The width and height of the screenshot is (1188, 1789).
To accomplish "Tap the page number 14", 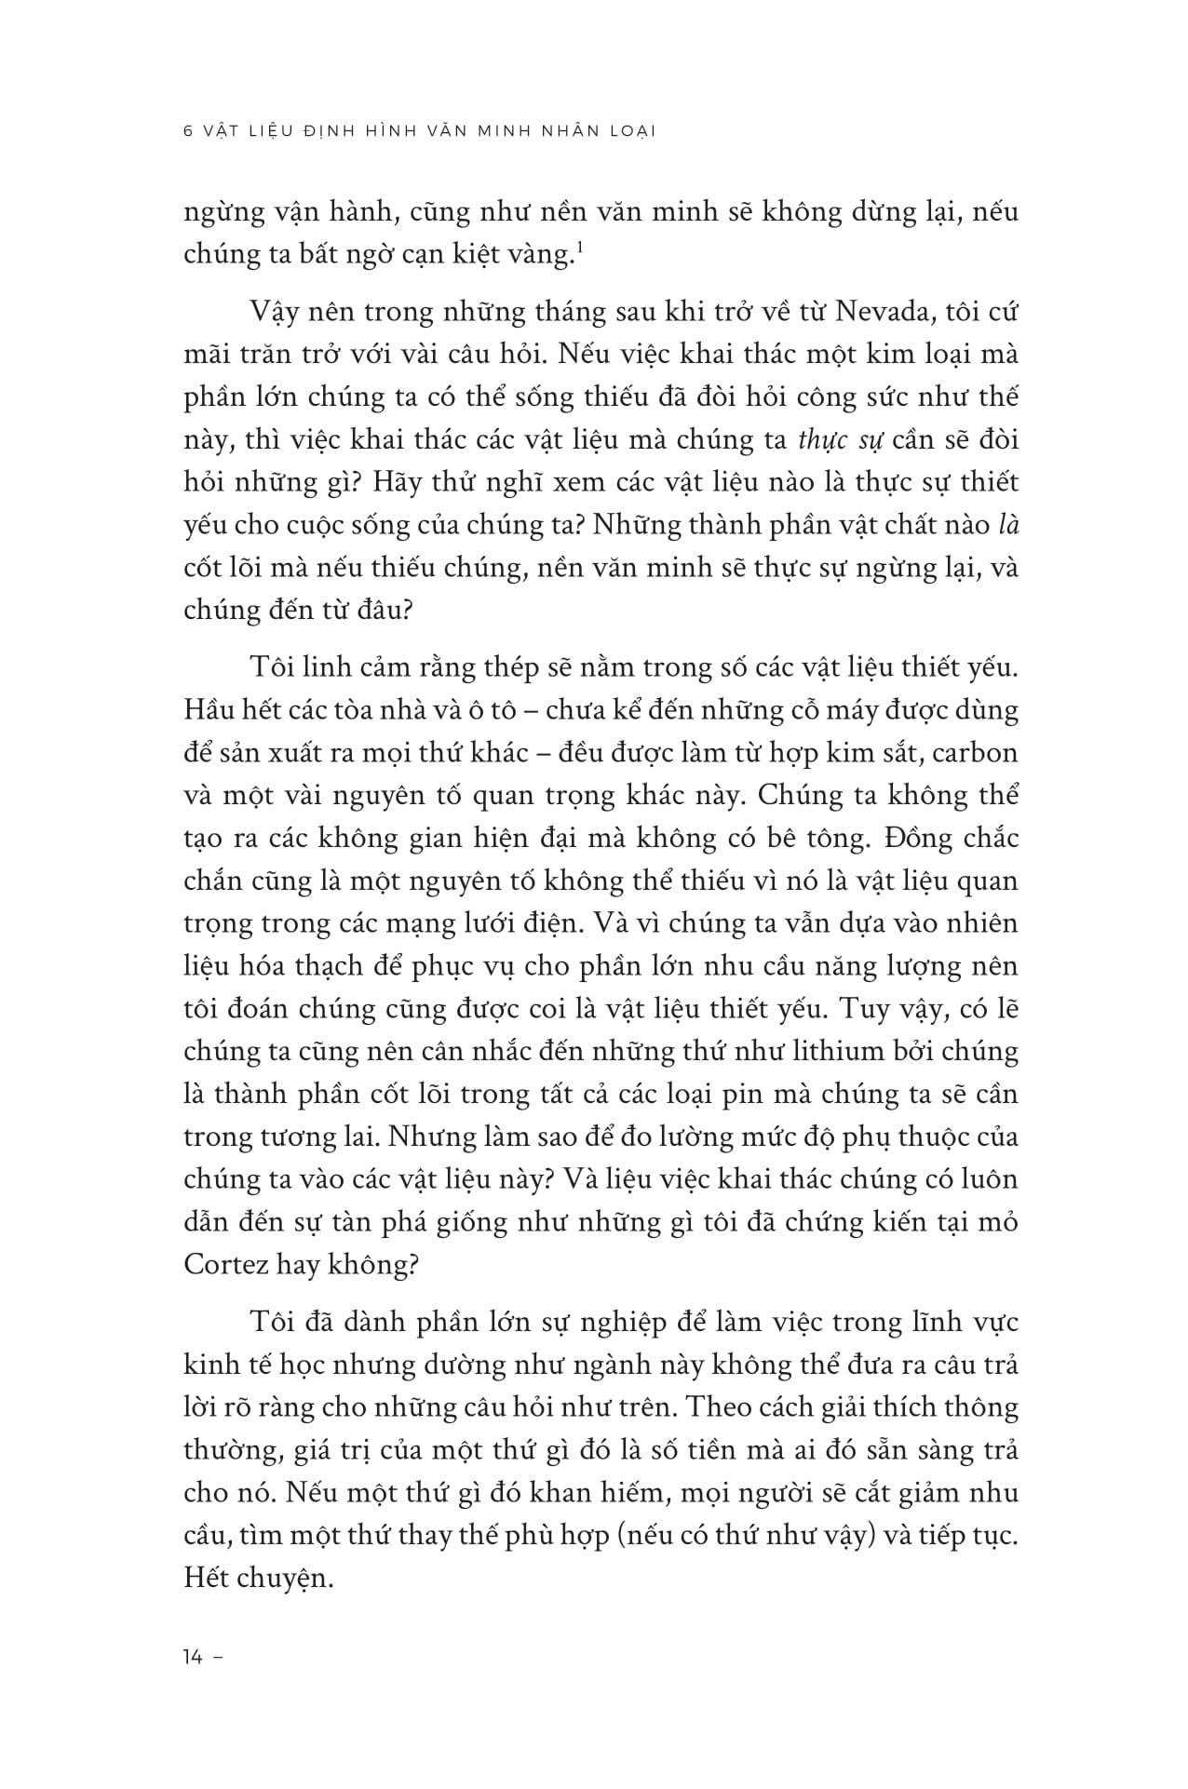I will (x=194, y=1658).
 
